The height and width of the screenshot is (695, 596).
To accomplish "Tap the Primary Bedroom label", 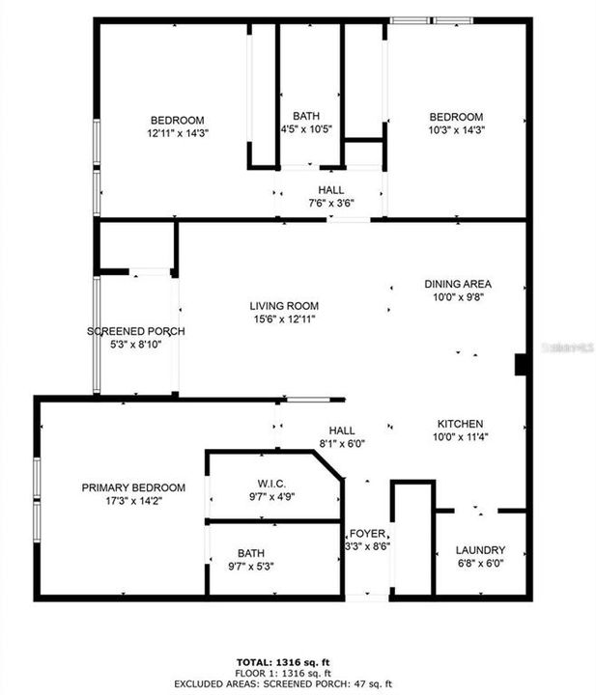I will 133,488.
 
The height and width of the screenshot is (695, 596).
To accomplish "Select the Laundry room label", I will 480,551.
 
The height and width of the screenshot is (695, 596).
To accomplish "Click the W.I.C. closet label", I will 271,484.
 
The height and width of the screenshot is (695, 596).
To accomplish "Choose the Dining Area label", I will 459,284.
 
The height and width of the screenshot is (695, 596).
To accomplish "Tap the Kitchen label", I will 459,424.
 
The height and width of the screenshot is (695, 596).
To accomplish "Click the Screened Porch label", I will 136,331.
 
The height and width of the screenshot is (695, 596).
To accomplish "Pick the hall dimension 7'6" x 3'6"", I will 330,203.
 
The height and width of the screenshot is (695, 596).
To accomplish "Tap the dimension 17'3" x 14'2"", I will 133,501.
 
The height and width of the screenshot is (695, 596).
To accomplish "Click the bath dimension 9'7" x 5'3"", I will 251,567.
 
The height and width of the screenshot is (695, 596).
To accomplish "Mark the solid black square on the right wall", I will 521,364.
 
